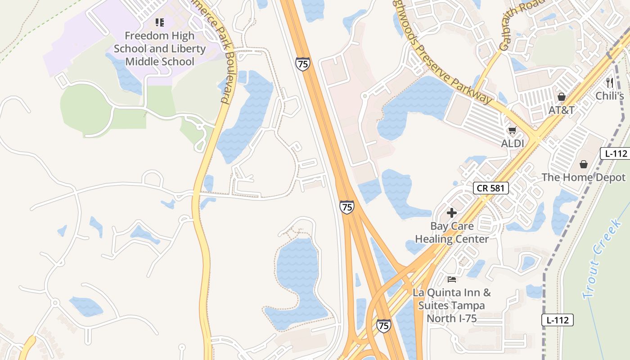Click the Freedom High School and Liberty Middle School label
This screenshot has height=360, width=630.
click(159, 49)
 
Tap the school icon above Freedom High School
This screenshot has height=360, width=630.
click(159, 22)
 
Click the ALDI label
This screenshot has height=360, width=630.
click(513, 143)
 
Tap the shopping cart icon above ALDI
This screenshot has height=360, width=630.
click(512, 130)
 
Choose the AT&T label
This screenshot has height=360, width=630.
click(561, 110)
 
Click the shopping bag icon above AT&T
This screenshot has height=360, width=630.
click(561, 97)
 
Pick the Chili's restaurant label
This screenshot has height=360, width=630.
click(610, 96)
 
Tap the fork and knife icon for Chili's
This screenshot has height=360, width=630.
click(610, 82)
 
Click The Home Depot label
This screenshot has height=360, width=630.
click(583, 177)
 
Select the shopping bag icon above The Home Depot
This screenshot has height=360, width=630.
click(583, 164)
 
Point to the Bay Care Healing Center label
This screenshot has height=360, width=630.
click(452, 232)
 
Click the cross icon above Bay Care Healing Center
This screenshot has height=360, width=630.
click(452, 213)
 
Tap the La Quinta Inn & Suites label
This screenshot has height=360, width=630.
click(452, 306)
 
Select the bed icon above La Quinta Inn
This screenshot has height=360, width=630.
click(452, 279)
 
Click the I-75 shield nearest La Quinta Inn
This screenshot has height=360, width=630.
click(384, 326)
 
